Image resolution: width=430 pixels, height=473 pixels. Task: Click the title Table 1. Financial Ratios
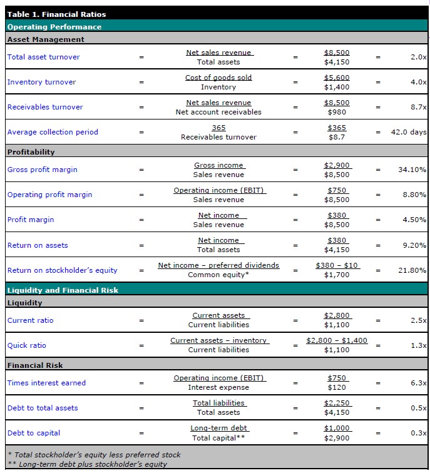click(x=56, y=14)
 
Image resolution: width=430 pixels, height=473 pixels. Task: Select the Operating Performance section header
click(x=54, y=27)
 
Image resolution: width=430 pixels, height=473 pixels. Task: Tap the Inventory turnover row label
click(x=41, y=82)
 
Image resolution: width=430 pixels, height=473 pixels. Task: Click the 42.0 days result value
click(x=408, y=132)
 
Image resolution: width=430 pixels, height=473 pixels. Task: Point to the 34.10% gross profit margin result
click(x=412, y=170)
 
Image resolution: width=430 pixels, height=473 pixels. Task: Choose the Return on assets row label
click(x=38, y=245)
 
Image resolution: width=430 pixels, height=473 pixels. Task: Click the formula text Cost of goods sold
click(x=218, y=78)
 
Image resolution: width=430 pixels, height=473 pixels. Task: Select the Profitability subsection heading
click(x=31, y=152)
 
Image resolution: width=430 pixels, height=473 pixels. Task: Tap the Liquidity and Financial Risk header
click(x=63, y=290)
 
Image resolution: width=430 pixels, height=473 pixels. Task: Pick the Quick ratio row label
click(x=26, y=345)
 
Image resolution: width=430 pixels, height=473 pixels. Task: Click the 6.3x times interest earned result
click(x=418, y=383)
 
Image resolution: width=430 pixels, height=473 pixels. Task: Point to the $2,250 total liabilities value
click(x=337, y=403)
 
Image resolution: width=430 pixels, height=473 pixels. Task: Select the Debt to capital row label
click(x=34, y=433)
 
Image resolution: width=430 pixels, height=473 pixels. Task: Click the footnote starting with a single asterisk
click(x=93, y=455)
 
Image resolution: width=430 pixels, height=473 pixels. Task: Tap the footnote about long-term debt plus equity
click(x=87, y=464)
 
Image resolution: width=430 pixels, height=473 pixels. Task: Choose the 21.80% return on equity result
click(x=412, y=270)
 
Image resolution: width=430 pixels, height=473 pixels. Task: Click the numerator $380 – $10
click(x=337, y=265)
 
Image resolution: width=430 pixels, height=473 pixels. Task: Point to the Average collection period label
click(x=53, y=132)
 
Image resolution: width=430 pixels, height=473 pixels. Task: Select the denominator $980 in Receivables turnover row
click(x=337, y=112)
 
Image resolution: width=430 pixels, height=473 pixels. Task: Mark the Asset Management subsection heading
click(x=46, y=39)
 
